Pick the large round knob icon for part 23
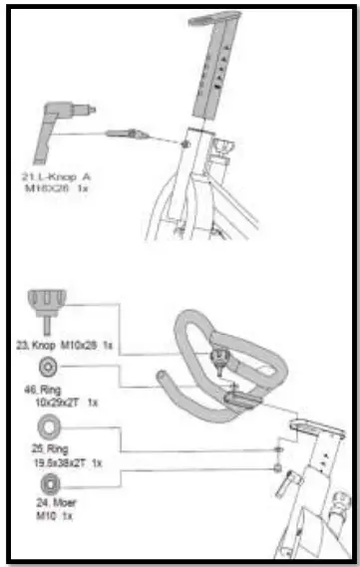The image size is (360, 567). (x=46, y=302)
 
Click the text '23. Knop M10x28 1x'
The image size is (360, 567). (x=71, y=344)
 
